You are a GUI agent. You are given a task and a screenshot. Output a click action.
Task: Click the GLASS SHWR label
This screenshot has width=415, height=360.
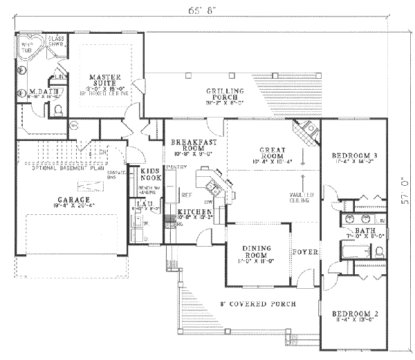coord(55,42)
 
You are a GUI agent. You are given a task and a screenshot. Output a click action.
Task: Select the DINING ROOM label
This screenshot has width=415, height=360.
coord(254,256)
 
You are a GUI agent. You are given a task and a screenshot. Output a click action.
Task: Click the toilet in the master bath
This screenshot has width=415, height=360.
coord(58,109)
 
